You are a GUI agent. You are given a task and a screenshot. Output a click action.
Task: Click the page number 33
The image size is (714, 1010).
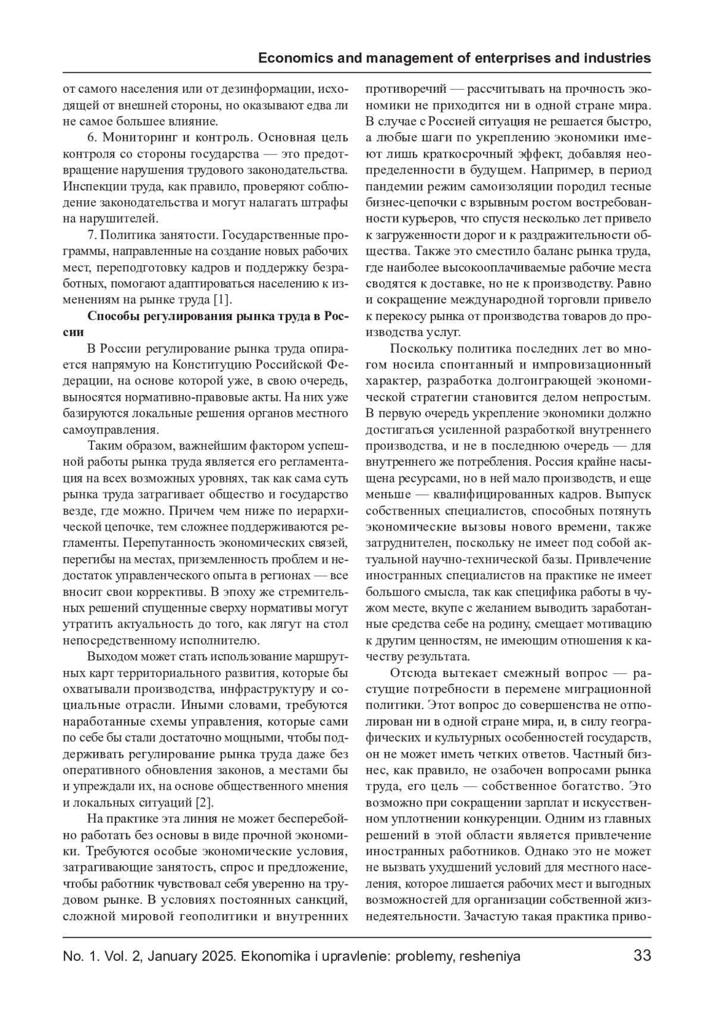pyautogui.click(x=642, y=956)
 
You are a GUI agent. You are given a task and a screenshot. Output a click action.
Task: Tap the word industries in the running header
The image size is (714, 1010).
pyautogui.click(x=619, y=58)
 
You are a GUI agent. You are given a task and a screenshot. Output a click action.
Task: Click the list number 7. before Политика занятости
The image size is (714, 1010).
pyautogui.click(x=92, y=234)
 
